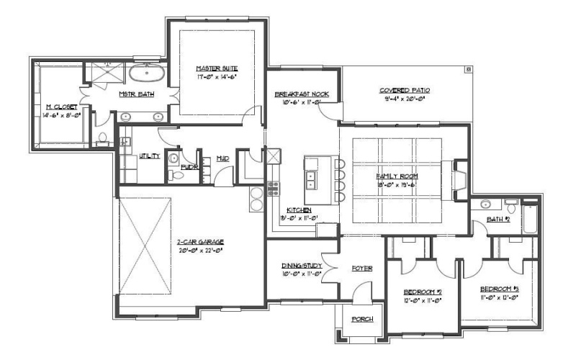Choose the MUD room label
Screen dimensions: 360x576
coord(222,158)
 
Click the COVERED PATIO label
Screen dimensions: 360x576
coord(405,90)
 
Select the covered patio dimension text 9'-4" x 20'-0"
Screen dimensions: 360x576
coord(405,99)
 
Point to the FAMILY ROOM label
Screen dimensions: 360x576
coord(397,176)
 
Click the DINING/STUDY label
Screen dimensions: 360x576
coord(299,266)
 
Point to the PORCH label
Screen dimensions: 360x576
coord(361,319)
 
